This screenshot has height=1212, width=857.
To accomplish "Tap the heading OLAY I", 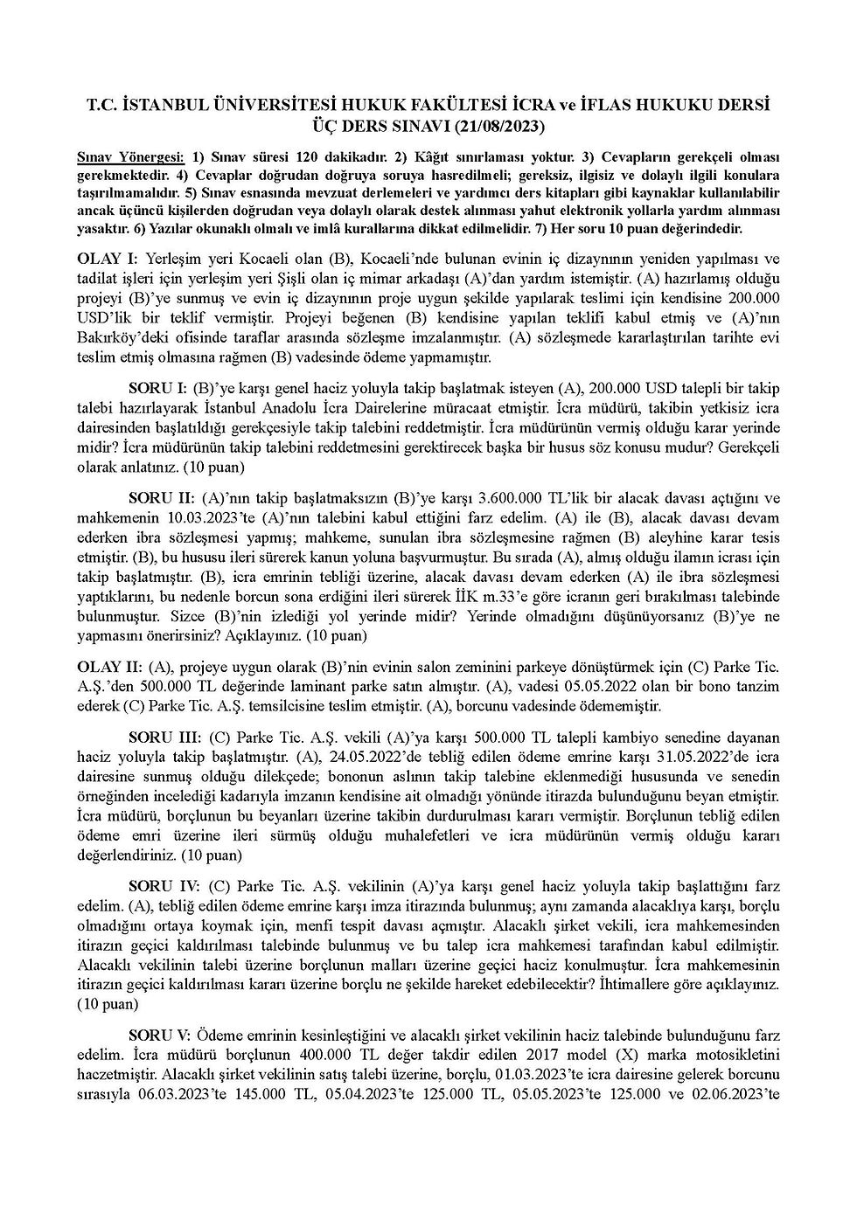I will tap(108, 260).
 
